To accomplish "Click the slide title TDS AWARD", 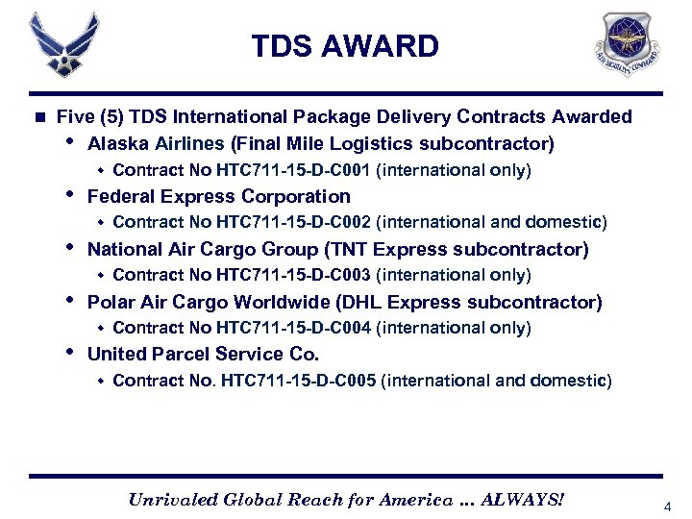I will [345, 45].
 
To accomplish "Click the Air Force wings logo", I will [64, 45].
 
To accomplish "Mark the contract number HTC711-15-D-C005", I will [298, 380].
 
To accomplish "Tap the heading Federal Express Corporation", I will [218, 196].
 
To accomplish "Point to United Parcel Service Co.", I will [203, 354].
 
